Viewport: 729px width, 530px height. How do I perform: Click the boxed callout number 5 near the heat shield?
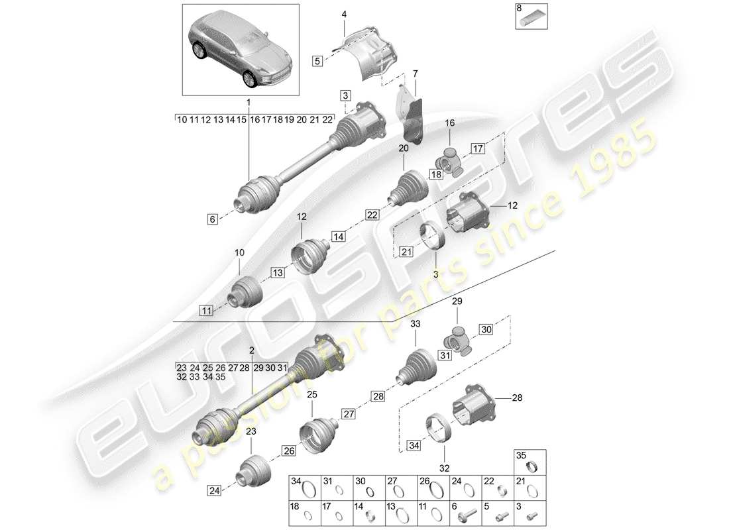317,61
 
